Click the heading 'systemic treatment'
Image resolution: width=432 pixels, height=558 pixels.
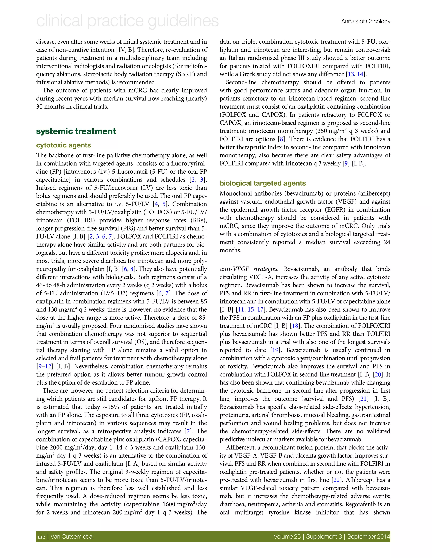[76, 131]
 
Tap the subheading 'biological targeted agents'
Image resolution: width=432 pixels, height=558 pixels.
[263, 183]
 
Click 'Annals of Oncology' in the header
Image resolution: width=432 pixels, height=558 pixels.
[366, 22]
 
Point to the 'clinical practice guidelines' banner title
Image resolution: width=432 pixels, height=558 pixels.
[127, 21]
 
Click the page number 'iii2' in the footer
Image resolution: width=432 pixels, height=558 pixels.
[41, 536]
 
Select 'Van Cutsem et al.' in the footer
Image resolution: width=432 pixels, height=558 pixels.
[73, 536]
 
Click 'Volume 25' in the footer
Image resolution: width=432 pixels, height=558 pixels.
[287, 536]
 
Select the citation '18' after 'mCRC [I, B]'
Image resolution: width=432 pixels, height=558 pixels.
[295, 326]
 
